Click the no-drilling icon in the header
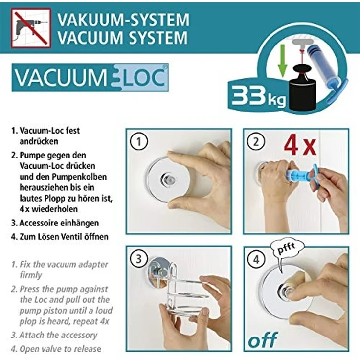click(31, 27)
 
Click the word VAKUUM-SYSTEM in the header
click(123, 20)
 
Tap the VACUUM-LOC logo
click(90, 77)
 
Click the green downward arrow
click(282, 61)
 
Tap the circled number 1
click(139, 142)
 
